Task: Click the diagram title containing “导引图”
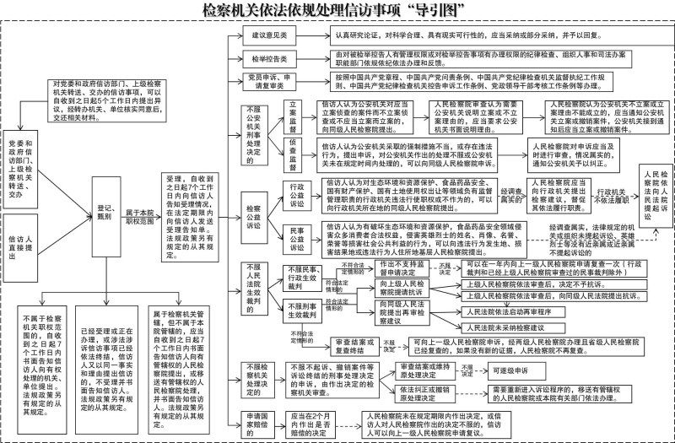pos(337,11)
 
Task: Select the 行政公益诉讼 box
pos(296,196)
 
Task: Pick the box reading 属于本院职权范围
pos(140,216)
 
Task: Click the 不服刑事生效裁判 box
pos(303,311)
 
